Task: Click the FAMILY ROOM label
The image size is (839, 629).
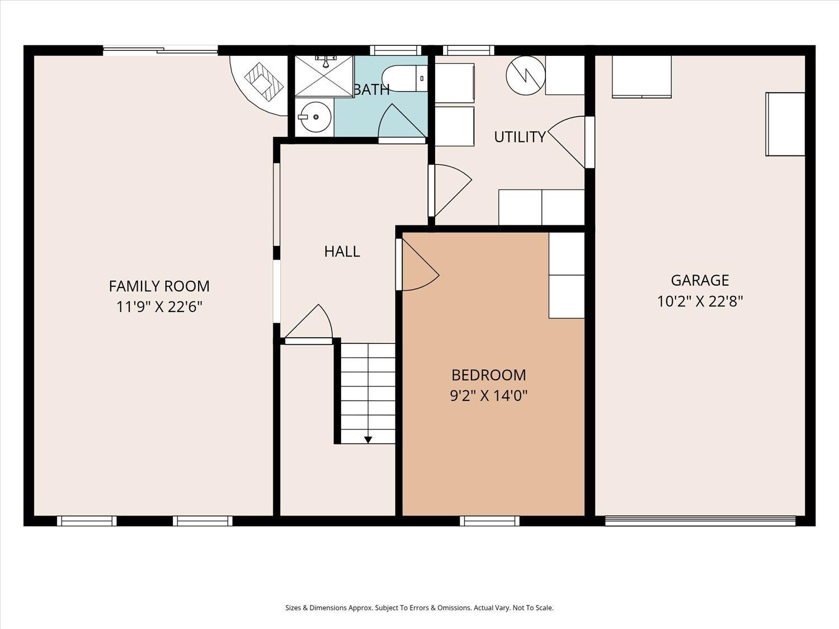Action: (159, 286)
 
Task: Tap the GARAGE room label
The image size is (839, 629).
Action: (700, 280)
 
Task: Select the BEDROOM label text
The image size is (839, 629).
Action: (488, 375)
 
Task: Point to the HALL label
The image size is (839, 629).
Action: (342, 252)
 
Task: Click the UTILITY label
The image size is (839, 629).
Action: (519, 137)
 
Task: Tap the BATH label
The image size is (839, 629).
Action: (371, 89)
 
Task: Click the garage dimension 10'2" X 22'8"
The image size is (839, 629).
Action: (700, 302)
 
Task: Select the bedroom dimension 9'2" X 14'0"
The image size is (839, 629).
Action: (488, 396)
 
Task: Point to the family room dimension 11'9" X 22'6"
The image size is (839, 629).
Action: (159, 307)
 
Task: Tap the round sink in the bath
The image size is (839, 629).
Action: (315, 117)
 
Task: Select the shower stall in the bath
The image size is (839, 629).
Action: (323, 75)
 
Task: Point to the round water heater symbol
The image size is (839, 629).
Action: (525, 75)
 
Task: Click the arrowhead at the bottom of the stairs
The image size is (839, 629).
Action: (368, 439)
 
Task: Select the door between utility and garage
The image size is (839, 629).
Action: (571, 141)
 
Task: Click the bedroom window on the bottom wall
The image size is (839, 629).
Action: (489, 521)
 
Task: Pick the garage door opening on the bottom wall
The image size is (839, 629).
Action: (700, 521)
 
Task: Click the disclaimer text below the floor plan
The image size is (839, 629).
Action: (419, 608)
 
